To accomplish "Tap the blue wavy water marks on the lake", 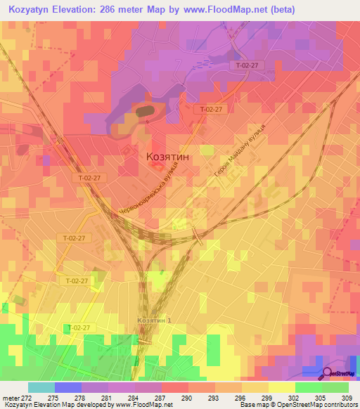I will (202, 63).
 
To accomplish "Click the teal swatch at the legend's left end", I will (41, 387).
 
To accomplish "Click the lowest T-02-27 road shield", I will (79, 328).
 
